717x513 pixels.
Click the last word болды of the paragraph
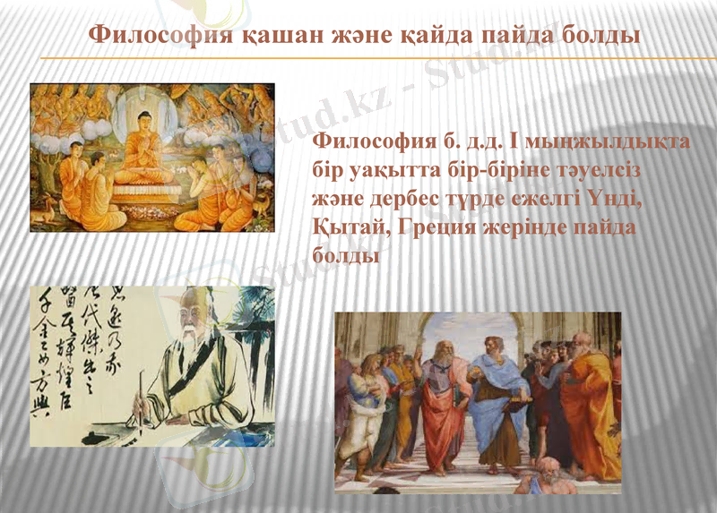click(x=341, y=255)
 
